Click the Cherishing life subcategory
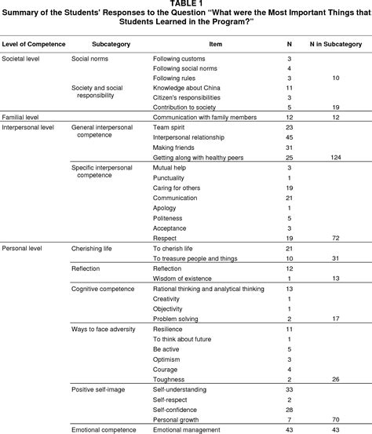tap(95, 248)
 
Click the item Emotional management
tap(187, 429)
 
